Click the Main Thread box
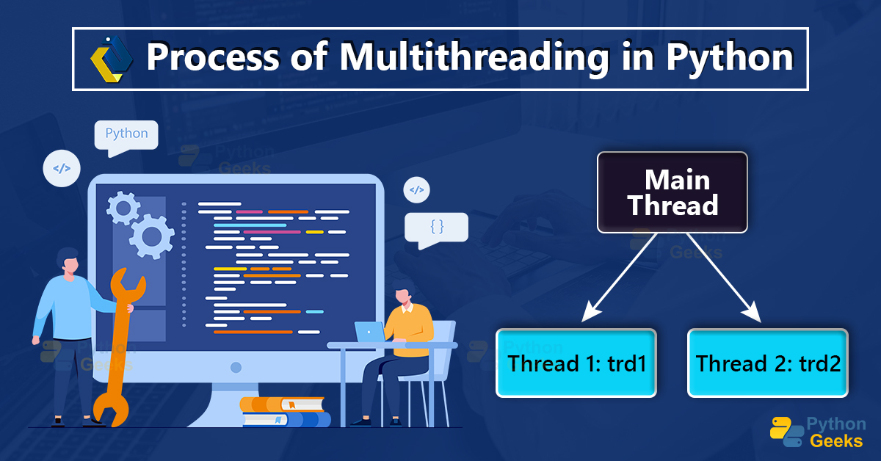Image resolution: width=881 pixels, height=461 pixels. pos(672,192)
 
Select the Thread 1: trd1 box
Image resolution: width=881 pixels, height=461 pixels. pos(576,363)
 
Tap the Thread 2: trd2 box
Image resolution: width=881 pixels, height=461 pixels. pos(767,363)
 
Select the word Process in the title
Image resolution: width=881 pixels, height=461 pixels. pos(198,59)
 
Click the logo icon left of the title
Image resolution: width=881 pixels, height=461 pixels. pos(111,58)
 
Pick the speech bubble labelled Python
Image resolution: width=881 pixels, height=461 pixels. pos(126,136)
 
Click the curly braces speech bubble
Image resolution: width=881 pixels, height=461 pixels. pos(436,228)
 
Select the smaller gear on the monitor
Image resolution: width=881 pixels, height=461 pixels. pos(122,208)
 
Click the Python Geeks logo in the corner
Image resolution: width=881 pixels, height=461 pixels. pos(816,432)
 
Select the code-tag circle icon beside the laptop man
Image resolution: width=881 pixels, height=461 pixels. pos(416,191)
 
